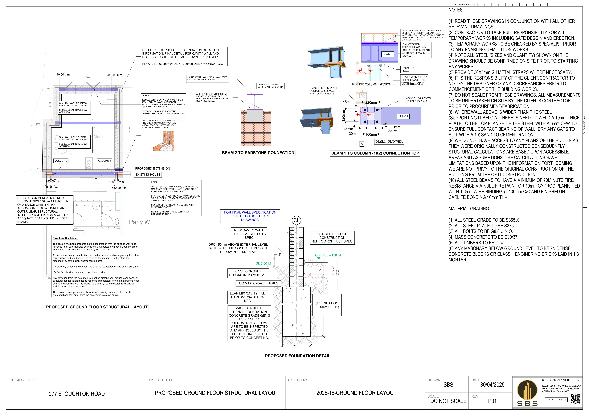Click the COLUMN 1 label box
pyautogui.click(x=105, y=161)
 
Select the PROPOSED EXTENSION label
pyautogui.click(x=153, y=169)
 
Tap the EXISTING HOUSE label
pyautogui.click(x=148, y=175)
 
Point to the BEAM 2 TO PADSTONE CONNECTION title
pyautogui.click(x=258, y=153)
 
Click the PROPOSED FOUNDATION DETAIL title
pyautogui.click(x=298, y=356)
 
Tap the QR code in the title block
pyautogui.click(x=575, y=399)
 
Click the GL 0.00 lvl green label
pyautogui.click(x=263, y=263)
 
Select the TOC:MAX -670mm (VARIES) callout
pyautogui.click(x=258, y=283)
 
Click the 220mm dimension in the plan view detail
pyautogui.click(x=371, y=103)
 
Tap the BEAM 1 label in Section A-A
pyautogui.click(x=388, y=54)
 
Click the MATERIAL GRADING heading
pyautogui.click(x=469, y=209)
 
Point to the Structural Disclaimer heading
pyautogui.click(x=65, y=238)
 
